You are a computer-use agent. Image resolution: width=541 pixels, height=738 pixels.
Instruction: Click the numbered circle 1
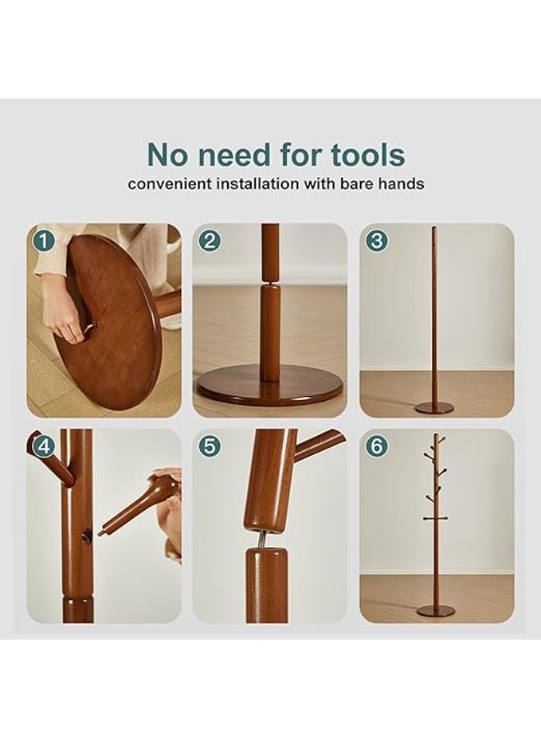(43, 242)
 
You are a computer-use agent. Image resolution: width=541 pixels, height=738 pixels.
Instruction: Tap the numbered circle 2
(210, 241)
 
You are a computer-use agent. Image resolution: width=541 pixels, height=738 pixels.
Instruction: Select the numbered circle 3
(376, 241)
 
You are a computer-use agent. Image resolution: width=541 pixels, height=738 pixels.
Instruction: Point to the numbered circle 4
(43, 446)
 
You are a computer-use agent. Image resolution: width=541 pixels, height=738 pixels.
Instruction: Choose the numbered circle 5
(210, 446)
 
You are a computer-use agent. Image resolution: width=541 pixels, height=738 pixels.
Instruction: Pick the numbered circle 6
(376, 446)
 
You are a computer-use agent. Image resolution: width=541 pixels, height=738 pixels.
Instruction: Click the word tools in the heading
(367, 154)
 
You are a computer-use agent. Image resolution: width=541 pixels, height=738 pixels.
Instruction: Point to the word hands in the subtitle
(402, 184)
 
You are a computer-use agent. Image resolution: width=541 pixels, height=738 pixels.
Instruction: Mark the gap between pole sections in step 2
(270, 284)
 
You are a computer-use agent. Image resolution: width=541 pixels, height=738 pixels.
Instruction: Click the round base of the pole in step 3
(434, 407)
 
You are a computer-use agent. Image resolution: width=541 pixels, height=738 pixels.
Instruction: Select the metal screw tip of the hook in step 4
(100, 533)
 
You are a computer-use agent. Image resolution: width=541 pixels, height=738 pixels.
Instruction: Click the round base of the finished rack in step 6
(436, 611)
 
